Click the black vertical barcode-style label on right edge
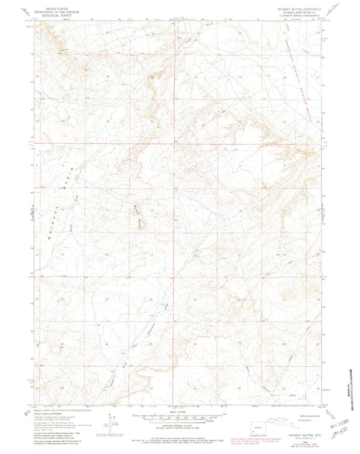[353, 392]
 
